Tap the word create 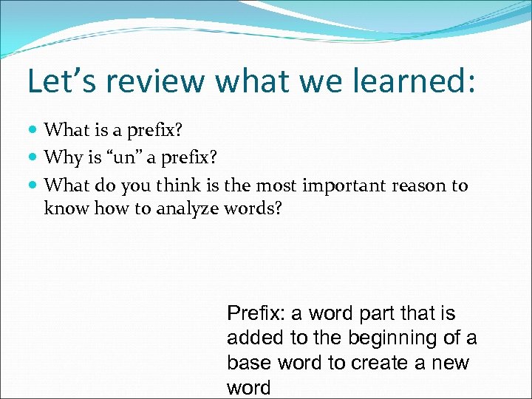click(381, 364)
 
